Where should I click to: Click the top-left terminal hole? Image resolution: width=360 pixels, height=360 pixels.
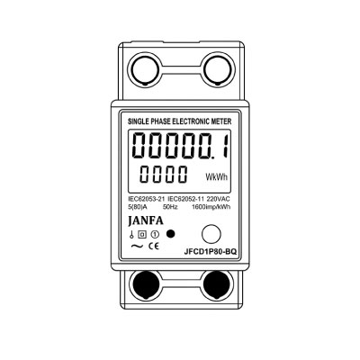pyautogui.click(x=145, y=69)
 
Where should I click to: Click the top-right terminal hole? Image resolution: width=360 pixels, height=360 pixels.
pyautogui.click(x=218, y=69)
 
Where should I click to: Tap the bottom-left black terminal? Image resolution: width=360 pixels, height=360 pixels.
pyautogui.click(x=144, y=284)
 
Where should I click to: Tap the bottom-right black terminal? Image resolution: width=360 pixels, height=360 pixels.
pyautogui.click(x=218, y=284)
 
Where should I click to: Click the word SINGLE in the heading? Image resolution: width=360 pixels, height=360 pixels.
pyautogui.click(x=138, y=121)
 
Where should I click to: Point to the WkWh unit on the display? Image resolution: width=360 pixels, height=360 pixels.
pyautogui.click(x=217, y=176)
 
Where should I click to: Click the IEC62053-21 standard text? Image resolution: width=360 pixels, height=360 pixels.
pyautogui.click(x=147, y=199)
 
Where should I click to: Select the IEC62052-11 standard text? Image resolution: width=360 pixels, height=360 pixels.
pyautogui.click(x=186, y=199)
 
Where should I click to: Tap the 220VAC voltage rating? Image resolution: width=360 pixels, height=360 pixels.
pyautogui.click(x=219, y=199)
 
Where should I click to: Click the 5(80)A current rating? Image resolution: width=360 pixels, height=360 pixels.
pyautogui.click(x=137, y=207)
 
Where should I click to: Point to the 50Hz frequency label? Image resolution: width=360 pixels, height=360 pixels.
pyautogui.click(x=170, y=207)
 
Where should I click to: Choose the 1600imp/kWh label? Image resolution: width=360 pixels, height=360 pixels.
pyautogui.click(x=211, y=207)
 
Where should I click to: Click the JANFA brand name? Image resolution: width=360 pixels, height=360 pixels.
pyautogui.click(x=146, y=220)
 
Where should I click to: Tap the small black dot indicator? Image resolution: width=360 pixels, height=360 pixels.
pyautogui.click(x=170, y=234)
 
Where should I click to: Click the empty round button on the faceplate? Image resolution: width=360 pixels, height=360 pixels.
pyautogui.click(x=211, y=234)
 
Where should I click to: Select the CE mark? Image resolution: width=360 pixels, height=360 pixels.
pyautogui.click(x=154, y=247)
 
